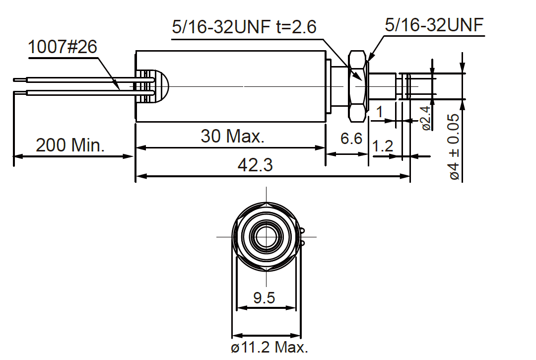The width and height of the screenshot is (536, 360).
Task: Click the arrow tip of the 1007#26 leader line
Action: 120,89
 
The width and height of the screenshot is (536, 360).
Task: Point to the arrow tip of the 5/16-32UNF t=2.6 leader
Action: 362,80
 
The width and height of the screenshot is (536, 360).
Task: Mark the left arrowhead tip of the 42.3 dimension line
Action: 136,176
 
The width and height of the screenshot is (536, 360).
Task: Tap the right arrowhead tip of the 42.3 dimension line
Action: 410,176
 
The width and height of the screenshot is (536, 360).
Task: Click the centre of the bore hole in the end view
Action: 267,236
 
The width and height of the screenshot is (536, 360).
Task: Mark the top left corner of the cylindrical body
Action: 136,51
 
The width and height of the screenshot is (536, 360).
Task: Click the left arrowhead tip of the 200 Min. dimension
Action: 14,156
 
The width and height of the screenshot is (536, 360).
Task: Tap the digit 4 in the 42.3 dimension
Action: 243,165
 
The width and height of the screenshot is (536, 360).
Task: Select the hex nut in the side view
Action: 357,86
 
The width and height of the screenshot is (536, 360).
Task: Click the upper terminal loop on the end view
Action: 303,231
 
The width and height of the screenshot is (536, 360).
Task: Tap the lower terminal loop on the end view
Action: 303,243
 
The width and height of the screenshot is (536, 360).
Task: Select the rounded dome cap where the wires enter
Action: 161,86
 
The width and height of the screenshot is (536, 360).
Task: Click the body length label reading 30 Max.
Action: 233,136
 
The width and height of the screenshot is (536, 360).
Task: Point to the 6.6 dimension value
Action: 351,139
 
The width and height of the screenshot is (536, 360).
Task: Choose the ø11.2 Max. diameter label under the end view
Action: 269,348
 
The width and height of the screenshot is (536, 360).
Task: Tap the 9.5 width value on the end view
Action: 264,297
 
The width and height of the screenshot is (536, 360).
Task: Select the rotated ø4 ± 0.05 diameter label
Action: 454,147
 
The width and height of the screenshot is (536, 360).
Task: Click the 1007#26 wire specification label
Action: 63,47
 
